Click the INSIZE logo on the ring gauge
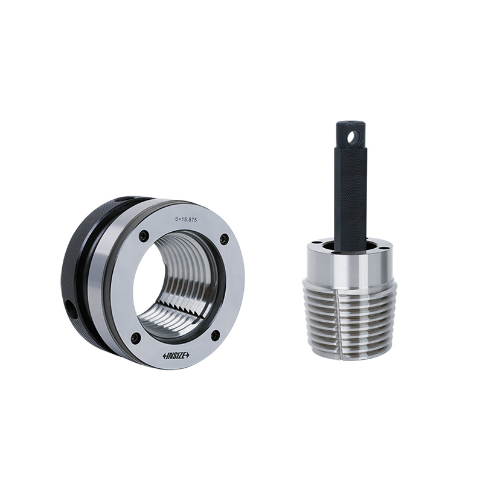[x=176, y=356]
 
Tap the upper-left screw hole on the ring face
[x=143, y=236]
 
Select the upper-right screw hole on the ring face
[x=225, y=240]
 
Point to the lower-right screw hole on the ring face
[x=214, y=335]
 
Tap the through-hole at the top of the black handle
[x=355, y=137]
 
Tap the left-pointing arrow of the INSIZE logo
[x=165, y=356]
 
